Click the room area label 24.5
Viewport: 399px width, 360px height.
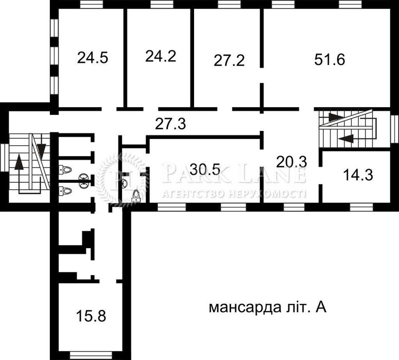coord(93,58)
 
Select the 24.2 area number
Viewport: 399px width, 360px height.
coord(161,56)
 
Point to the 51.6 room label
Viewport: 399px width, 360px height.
coord(329,58)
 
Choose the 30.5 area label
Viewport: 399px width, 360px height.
coord(205,168)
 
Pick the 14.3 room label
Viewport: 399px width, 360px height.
coord(358,174)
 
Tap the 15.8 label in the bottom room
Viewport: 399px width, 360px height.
coord(91,315)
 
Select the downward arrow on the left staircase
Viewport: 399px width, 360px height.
coord(41,150)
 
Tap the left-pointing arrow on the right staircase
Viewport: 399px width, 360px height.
coord(346,138)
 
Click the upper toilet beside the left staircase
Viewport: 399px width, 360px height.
coord(65,168)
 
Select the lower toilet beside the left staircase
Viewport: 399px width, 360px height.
coord(65,191)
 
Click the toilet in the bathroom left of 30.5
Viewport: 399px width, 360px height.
coord(136,194)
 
